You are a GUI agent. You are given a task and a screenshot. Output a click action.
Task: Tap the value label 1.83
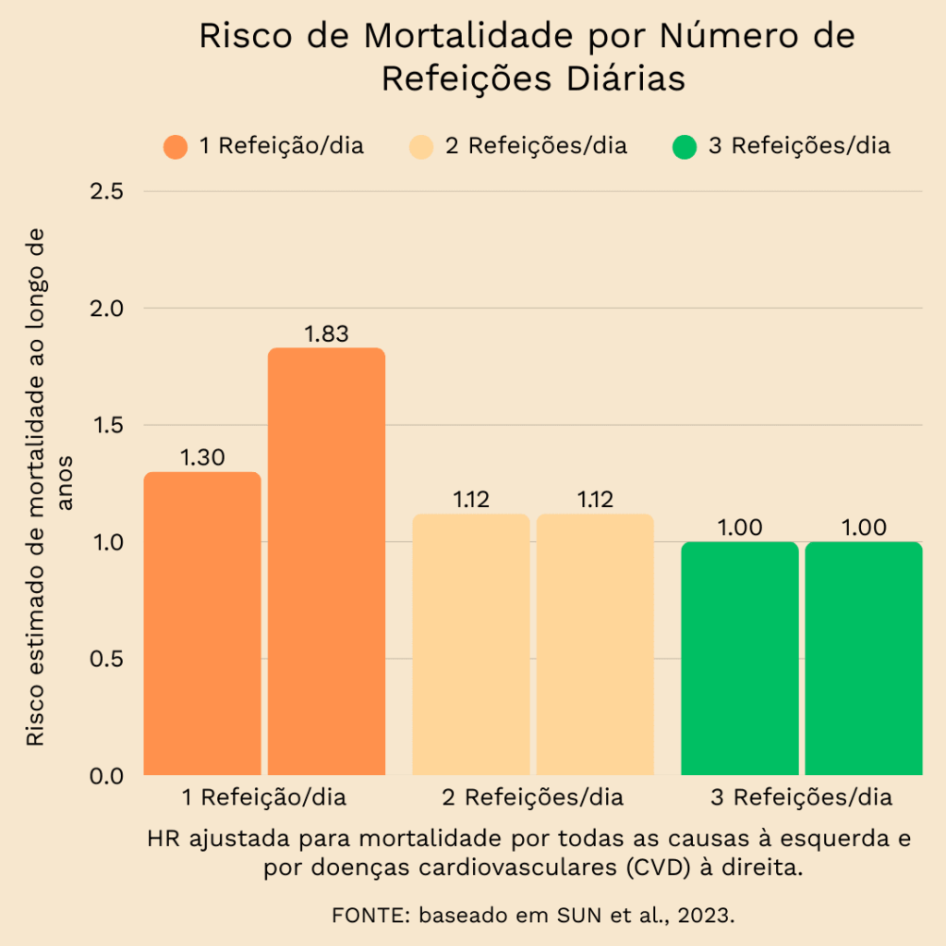(x=326, y=334)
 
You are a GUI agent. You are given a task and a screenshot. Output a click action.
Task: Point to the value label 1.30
(x=202, y=457)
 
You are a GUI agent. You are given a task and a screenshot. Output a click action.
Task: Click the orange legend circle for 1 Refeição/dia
(x=176, y=147)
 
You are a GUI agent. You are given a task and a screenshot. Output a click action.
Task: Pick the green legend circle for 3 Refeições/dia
(x=685, y=147)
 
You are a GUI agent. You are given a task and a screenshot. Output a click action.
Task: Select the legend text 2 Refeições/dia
(x=536, y=147)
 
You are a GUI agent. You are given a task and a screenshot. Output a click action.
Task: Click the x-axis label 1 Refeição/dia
(x=264, y=797)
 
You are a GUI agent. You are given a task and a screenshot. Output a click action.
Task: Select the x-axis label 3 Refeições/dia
(x=802, y=797)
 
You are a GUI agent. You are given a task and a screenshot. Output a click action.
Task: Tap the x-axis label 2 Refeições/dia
(x=533, y=797)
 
